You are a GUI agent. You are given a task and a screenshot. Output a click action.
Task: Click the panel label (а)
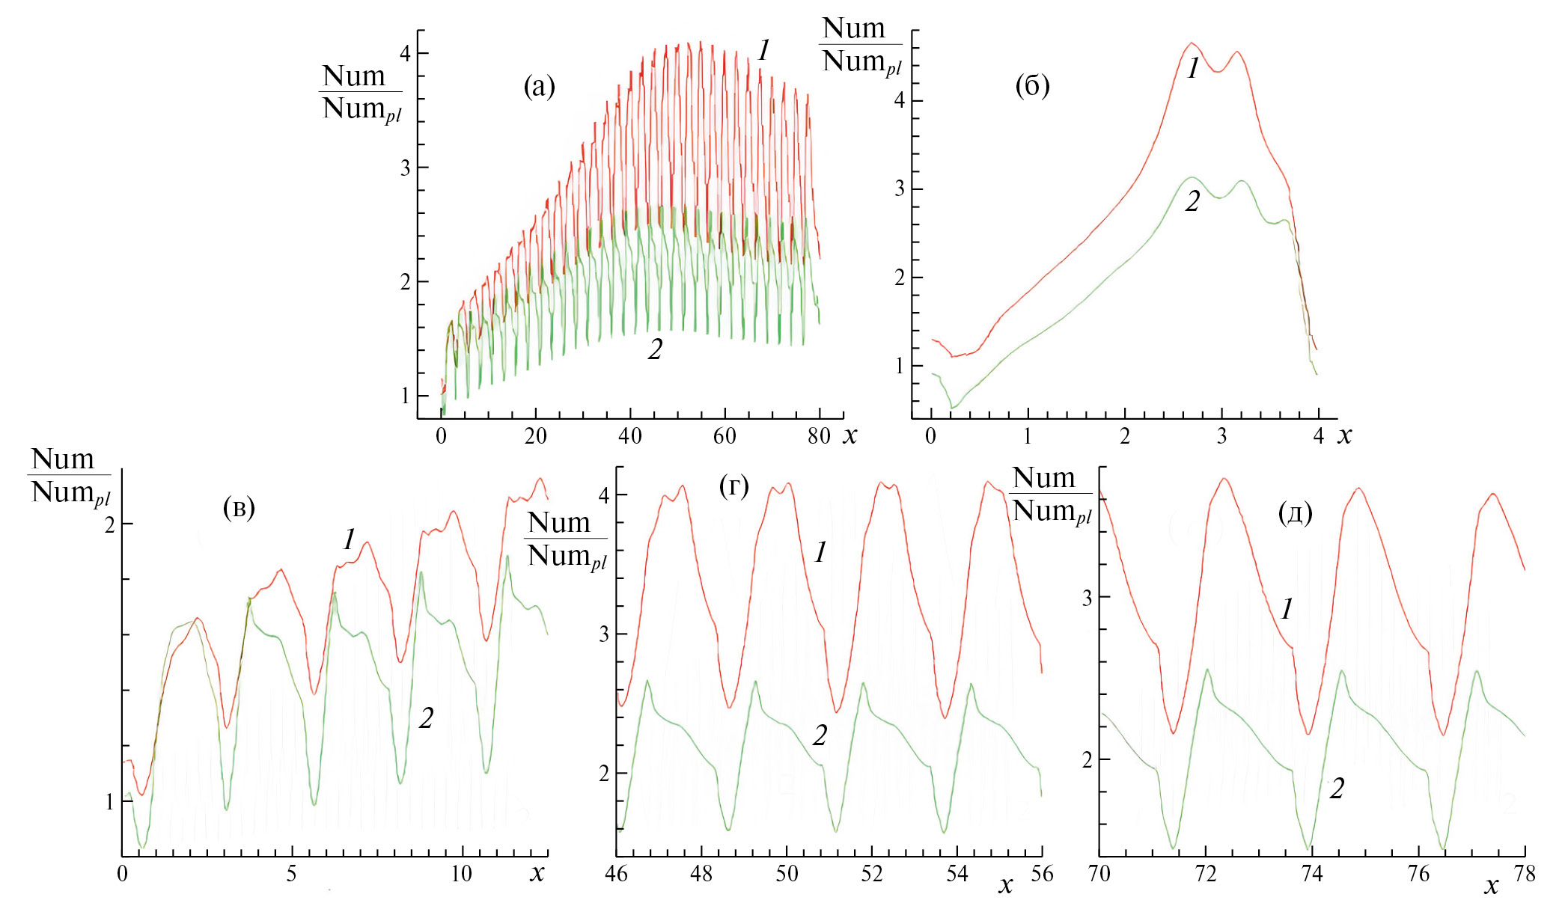pos(539,87)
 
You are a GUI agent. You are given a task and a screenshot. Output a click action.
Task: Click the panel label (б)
pos(1032,86)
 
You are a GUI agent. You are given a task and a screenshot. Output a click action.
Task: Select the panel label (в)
pos(239,508)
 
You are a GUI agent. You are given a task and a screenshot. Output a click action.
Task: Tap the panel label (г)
pos(733,486)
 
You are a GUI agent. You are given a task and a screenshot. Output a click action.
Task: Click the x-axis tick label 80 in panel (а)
pos(819,436)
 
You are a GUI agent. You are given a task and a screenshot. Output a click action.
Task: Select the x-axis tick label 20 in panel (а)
pos(535,436)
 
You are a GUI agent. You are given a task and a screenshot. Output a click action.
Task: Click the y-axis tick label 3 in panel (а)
pos(405,168)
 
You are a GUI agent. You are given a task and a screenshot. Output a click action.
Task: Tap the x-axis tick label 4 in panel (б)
pos(1318,436)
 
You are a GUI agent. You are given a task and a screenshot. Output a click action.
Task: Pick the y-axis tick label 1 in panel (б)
pos(900,366)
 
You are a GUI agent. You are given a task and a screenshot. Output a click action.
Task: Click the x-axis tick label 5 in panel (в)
pos(291,874)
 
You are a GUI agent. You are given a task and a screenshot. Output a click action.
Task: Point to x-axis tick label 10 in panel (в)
pos(461,874)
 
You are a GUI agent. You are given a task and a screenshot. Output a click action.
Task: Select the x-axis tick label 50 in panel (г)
pos(787,874)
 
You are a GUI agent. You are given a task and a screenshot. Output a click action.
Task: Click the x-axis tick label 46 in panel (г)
pos(616,874)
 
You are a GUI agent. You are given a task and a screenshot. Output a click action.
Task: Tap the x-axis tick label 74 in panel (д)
pos(1312,874)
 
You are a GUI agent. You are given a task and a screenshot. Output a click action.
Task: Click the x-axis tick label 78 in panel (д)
pos(1525,874)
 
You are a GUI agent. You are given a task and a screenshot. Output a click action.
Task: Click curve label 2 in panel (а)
pos(655,349)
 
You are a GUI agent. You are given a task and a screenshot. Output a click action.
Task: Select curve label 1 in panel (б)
pos(1193,69)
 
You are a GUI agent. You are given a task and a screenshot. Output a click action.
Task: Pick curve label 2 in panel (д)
pos(1337,789)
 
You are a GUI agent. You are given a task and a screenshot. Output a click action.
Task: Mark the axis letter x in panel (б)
pos(1345,436)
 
